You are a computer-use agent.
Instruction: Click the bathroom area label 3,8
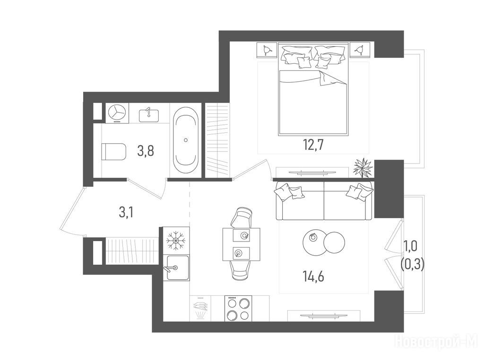pos(146,151)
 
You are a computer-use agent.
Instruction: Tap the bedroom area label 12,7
pos(313,145)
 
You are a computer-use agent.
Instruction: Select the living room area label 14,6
pos(313,276)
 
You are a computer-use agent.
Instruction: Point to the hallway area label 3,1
pos(126,212)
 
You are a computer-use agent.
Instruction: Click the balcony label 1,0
pos(411,247)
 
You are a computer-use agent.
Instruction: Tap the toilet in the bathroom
pos(113,151)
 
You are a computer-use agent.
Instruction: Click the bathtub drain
pos(186,140)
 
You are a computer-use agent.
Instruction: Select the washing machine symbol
pos(117,113)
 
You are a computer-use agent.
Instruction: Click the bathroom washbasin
pos(149,115)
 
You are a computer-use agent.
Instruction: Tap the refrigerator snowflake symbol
pos(175,240)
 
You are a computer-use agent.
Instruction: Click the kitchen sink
pos(178,268)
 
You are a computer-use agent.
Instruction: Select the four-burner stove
pos(238,308)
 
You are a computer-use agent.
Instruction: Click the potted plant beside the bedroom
pos(363,167)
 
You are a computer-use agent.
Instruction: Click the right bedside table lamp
pos(359,50)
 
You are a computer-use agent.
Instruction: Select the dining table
pos(241,244)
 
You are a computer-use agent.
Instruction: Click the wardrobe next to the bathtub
pos(218,140)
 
